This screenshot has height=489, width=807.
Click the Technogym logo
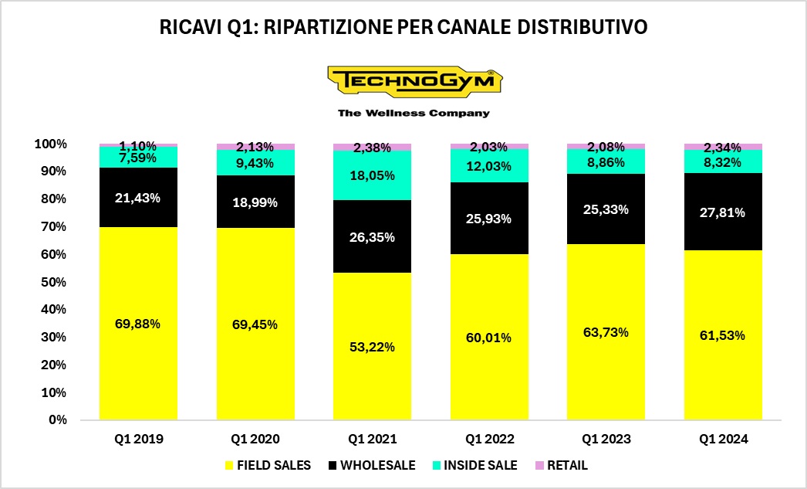414,81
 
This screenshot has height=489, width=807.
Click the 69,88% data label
138,324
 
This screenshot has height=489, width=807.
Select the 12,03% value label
489,167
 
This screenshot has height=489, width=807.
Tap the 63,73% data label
606,332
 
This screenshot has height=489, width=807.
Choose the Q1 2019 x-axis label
138,439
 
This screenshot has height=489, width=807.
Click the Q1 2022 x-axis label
489,439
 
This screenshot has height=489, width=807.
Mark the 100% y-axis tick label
50,144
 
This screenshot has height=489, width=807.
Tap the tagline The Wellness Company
414,113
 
